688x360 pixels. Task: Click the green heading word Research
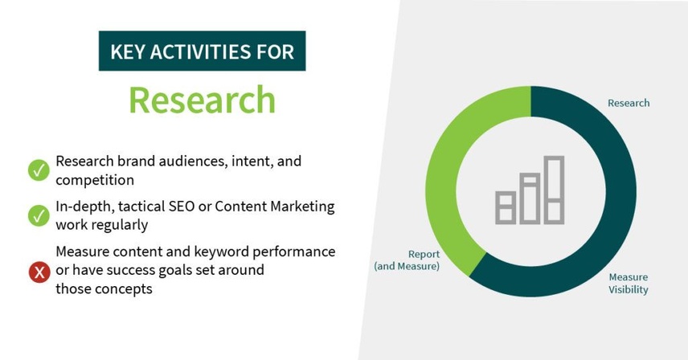202,100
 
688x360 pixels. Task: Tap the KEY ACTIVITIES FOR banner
202,52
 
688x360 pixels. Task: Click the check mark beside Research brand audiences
39,170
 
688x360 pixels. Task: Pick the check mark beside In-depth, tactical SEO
39,215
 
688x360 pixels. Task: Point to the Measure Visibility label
628,283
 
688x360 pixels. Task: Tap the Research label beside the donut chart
628,103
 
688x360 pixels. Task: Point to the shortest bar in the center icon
505,207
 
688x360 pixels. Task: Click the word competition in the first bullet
94,180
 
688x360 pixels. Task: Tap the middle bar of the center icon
530,198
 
